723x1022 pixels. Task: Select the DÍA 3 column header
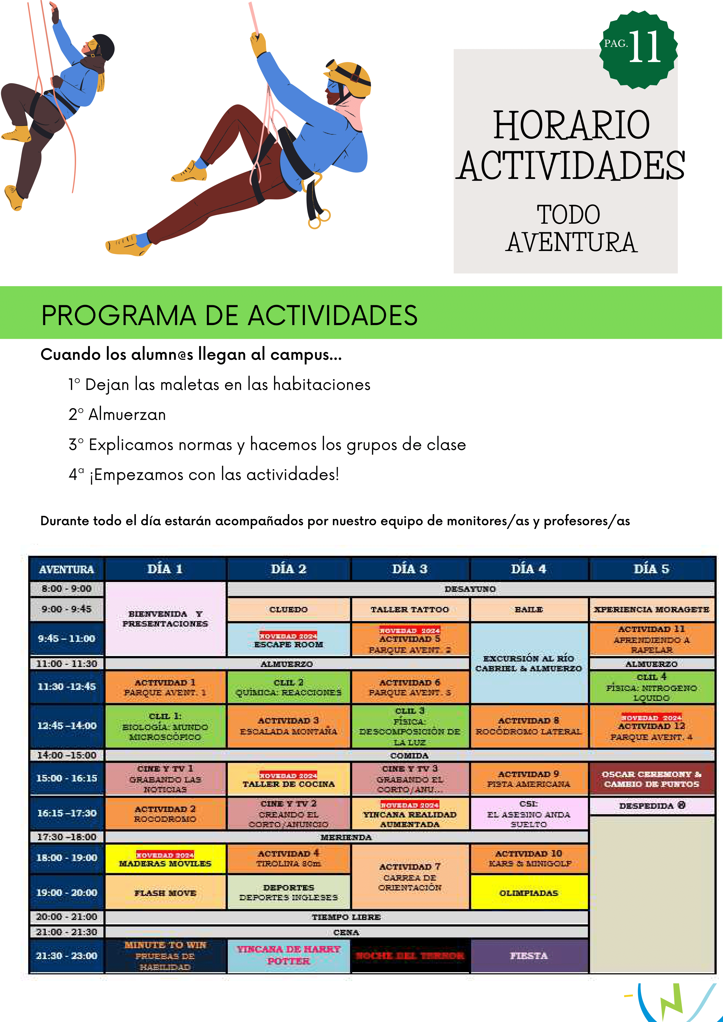click(409, 569)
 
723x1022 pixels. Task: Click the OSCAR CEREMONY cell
click(651, 779)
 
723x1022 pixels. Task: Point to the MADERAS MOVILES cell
click(165, 859)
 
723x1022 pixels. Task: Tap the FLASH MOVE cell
click(165, 892)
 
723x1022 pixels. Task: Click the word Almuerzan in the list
click(127, 414)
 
